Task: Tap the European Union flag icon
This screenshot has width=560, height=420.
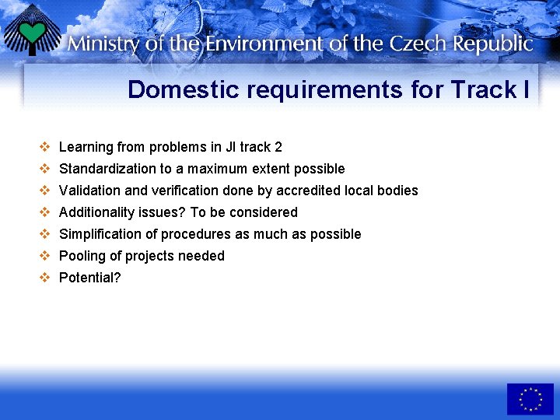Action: coord(530,398)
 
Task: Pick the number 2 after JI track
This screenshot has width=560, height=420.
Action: coord(278,147)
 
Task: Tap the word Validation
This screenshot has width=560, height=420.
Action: coord(89,191)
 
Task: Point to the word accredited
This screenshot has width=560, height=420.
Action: coord(317,191)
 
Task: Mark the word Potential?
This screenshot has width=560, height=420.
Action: coord(90,278)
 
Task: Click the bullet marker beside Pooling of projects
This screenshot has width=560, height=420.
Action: coord(45,256)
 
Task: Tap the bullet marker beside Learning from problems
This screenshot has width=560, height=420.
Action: coord(45,147)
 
